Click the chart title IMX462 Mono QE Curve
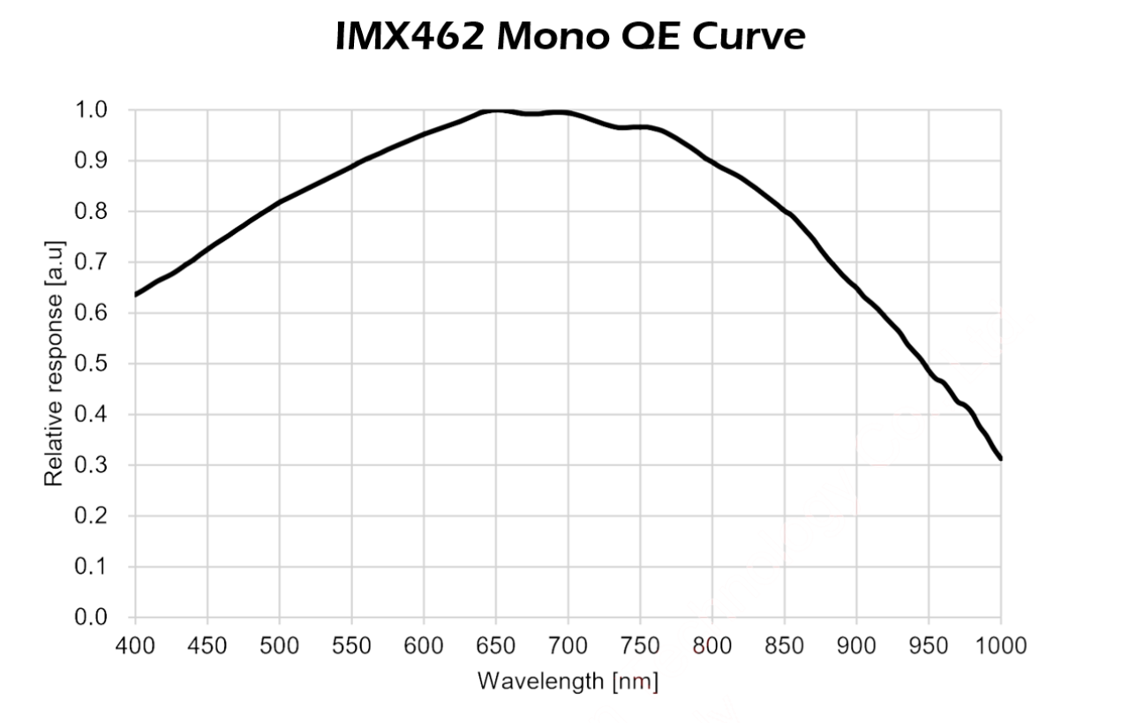(570, 36)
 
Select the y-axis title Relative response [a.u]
(54, 362)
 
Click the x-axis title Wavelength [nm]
(568, 682)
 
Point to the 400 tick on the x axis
(135, 645)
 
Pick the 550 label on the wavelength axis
(351, 645)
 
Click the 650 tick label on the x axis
(495, 645)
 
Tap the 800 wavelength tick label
(712, 645)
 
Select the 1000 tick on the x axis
(1000, 645)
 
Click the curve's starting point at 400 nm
(136, 294)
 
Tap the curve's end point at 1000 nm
(1000, 458)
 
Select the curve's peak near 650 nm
(495, 110)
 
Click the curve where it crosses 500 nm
(279, 202)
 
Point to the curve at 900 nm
(856, 287)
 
